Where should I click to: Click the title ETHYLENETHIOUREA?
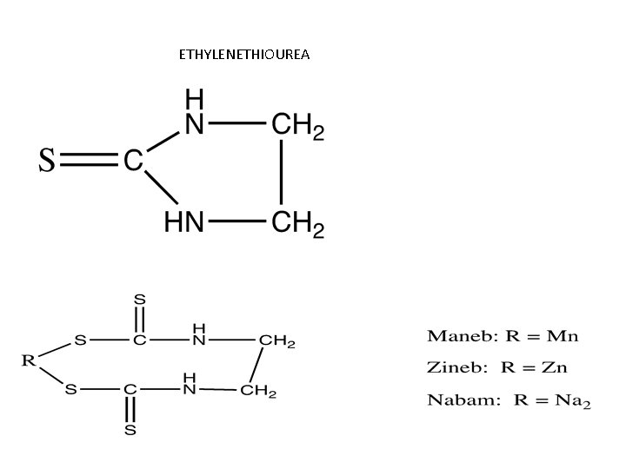(244, 55)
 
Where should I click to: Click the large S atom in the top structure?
(49, 161)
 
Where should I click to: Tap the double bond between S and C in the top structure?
(90, 161)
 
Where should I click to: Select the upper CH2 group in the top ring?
(298, 127)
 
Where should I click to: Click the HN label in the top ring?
(184, 223)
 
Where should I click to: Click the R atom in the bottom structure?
(30, 360)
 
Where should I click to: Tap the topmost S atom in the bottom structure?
(139, 298)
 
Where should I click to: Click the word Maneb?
(451, 335)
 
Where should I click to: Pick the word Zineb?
(450, 367)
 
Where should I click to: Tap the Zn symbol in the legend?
(553, 367)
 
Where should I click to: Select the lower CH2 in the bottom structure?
(258, 391)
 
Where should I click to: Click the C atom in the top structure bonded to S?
(133, 161)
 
